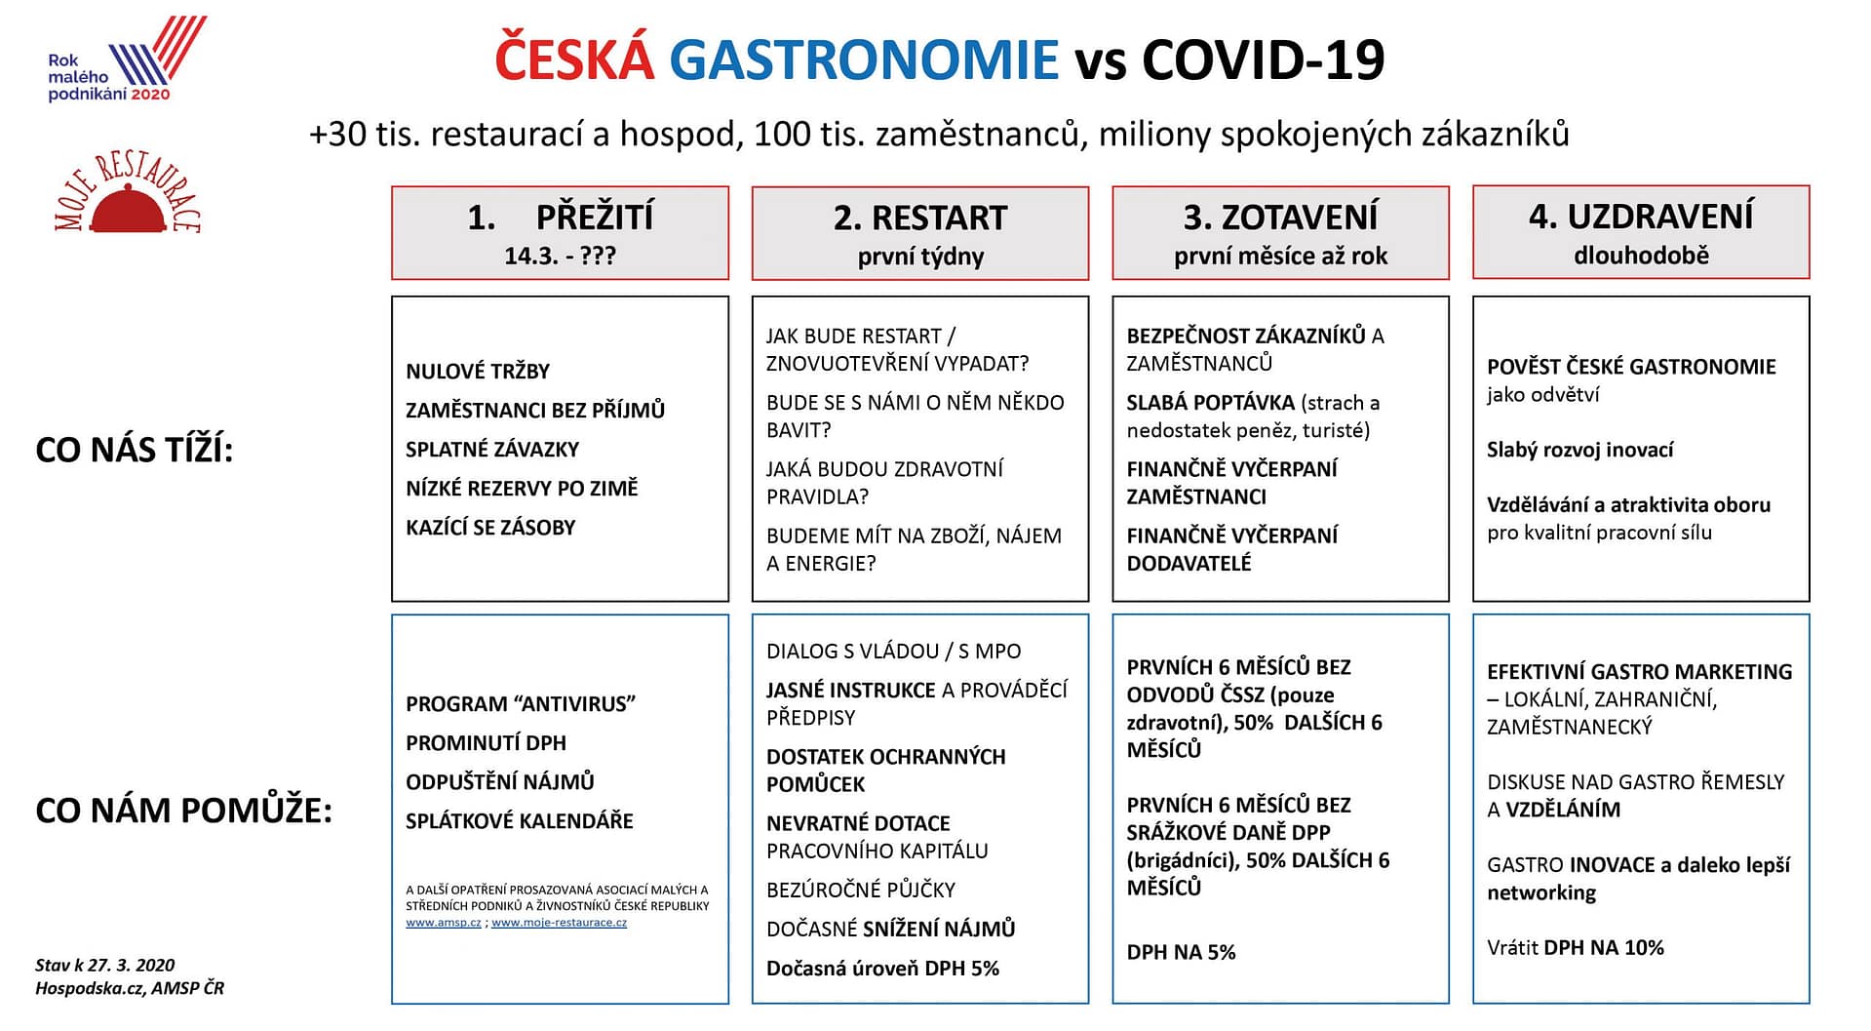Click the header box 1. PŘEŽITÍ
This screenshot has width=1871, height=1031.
tap(560, 233)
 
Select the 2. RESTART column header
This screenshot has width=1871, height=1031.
tap(919, 233)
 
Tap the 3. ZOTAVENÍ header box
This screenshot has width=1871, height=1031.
tap(1280, 233)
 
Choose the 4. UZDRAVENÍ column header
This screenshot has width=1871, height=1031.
tap(1641, 233)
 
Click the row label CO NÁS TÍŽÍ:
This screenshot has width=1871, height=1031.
tap(135, 450)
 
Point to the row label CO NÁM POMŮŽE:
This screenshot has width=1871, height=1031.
tap(183, 811)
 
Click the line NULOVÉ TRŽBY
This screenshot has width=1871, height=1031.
tap(478, 372)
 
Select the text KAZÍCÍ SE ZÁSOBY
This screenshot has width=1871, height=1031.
tap(490, 528)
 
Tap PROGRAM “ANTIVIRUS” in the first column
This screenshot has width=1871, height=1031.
tap(521, 704)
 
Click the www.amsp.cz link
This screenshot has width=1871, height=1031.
tap(444, 923)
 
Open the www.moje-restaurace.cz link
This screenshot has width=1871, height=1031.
tap(559, 923)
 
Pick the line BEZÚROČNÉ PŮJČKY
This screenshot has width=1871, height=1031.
tap(860, 890)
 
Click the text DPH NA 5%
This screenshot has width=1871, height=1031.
tap(1181, 952)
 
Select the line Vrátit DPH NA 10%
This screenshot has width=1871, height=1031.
tap(1575, 947)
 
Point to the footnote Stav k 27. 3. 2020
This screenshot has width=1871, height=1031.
tap(105, 965)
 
